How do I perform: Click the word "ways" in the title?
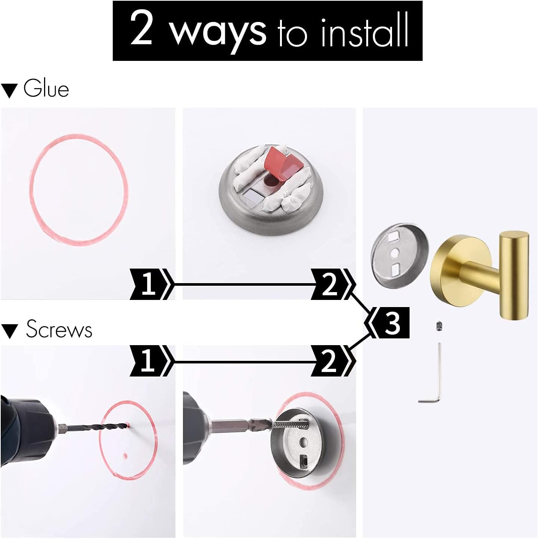(x=218, y=32)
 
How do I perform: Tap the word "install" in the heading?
(x=364, y=32)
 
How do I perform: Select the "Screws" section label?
(x=59, y=329)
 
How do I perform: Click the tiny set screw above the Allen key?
(x=439, y=326)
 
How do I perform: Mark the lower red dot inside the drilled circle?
(x=125, y=455)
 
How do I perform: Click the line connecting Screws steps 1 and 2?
(x=243, y=362)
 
